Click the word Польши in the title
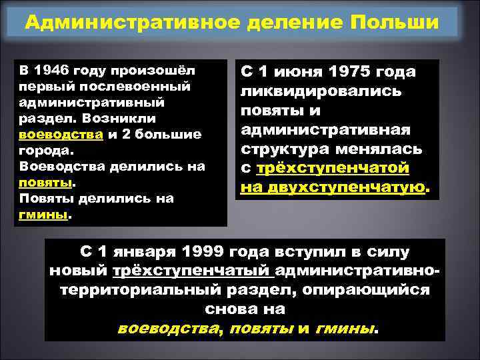(x=399, y=23)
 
